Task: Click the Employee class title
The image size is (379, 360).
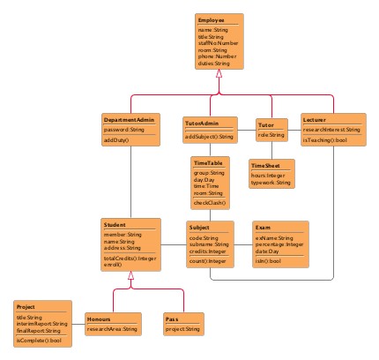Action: pyautogui.click(x=211, y=19)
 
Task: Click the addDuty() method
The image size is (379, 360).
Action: pyautogui.click(x=117, y=140)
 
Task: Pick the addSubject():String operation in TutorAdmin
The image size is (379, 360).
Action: pyautogui.click(x=210, y=137)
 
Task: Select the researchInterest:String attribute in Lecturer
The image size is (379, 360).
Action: pyautogui.click(x=331, y=130)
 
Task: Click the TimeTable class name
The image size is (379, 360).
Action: pyautogui.click(x=209, y=163)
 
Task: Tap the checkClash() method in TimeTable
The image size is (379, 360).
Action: pyautogui.click(x=211, y=203)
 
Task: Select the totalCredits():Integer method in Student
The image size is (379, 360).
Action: pyautogui.click(x=130, y=258)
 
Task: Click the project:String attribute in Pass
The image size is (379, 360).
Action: pyautogui.click(x=184, y=328)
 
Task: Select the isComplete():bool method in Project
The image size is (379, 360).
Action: pyautogui.click(x=39, y=340)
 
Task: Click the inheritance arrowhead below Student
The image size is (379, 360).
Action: pyautogui.click(x=130, y=275)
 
